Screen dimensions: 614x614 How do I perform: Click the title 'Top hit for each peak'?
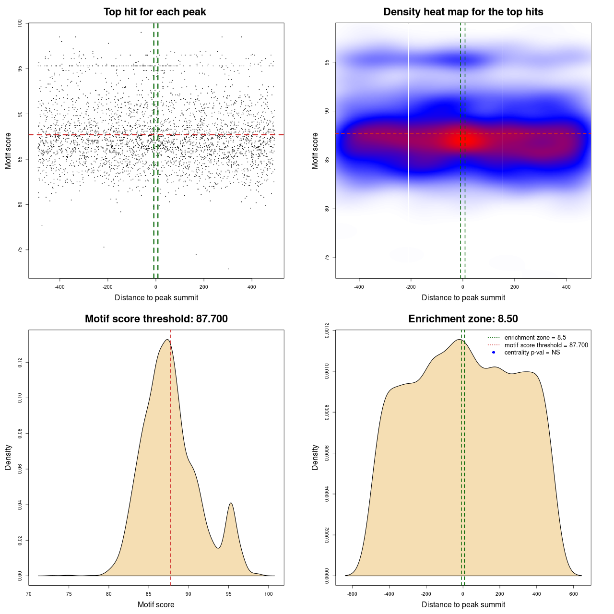[x=154, y=12]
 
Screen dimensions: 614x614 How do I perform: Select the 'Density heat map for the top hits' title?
[x=463, y=12]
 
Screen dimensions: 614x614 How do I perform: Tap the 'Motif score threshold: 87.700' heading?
[x=156, y=319]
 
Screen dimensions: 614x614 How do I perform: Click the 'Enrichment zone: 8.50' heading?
[x=463, y=319]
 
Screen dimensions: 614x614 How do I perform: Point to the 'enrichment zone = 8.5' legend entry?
[x=535, y=338]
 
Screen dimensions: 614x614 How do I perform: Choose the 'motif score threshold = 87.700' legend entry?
[x=546, y=345]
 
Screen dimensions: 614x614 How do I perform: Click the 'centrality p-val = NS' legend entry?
[x=532, y=353]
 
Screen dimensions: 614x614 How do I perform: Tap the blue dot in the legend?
[x=494, y=353]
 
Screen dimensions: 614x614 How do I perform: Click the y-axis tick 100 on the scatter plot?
[x=20, y=23]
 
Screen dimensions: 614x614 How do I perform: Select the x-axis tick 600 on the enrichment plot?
[x=573, y=594]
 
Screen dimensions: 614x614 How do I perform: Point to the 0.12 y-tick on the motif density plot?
[x=20, y=363]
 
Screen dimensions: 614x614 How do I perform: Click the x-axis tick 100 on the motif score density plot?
[x=269, y=594]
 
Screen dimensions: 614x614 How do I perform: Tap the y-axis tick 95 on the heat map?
[x=327, y=62]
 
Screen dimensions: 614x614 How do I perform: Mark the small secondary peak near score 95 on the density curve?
[x=231, y=503]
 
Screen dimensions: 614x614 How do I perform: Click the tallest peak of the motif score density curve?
[x=167, y=340]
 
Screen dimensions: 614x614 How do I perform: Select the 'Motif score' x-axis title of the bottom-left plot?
[x=156, y=604]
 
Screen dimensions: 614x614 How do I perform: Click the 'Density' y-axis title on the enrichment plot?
[x=315, y=457]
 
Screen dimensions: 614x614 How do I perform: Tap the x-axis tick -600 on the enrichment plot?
[x=353, y=594]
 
